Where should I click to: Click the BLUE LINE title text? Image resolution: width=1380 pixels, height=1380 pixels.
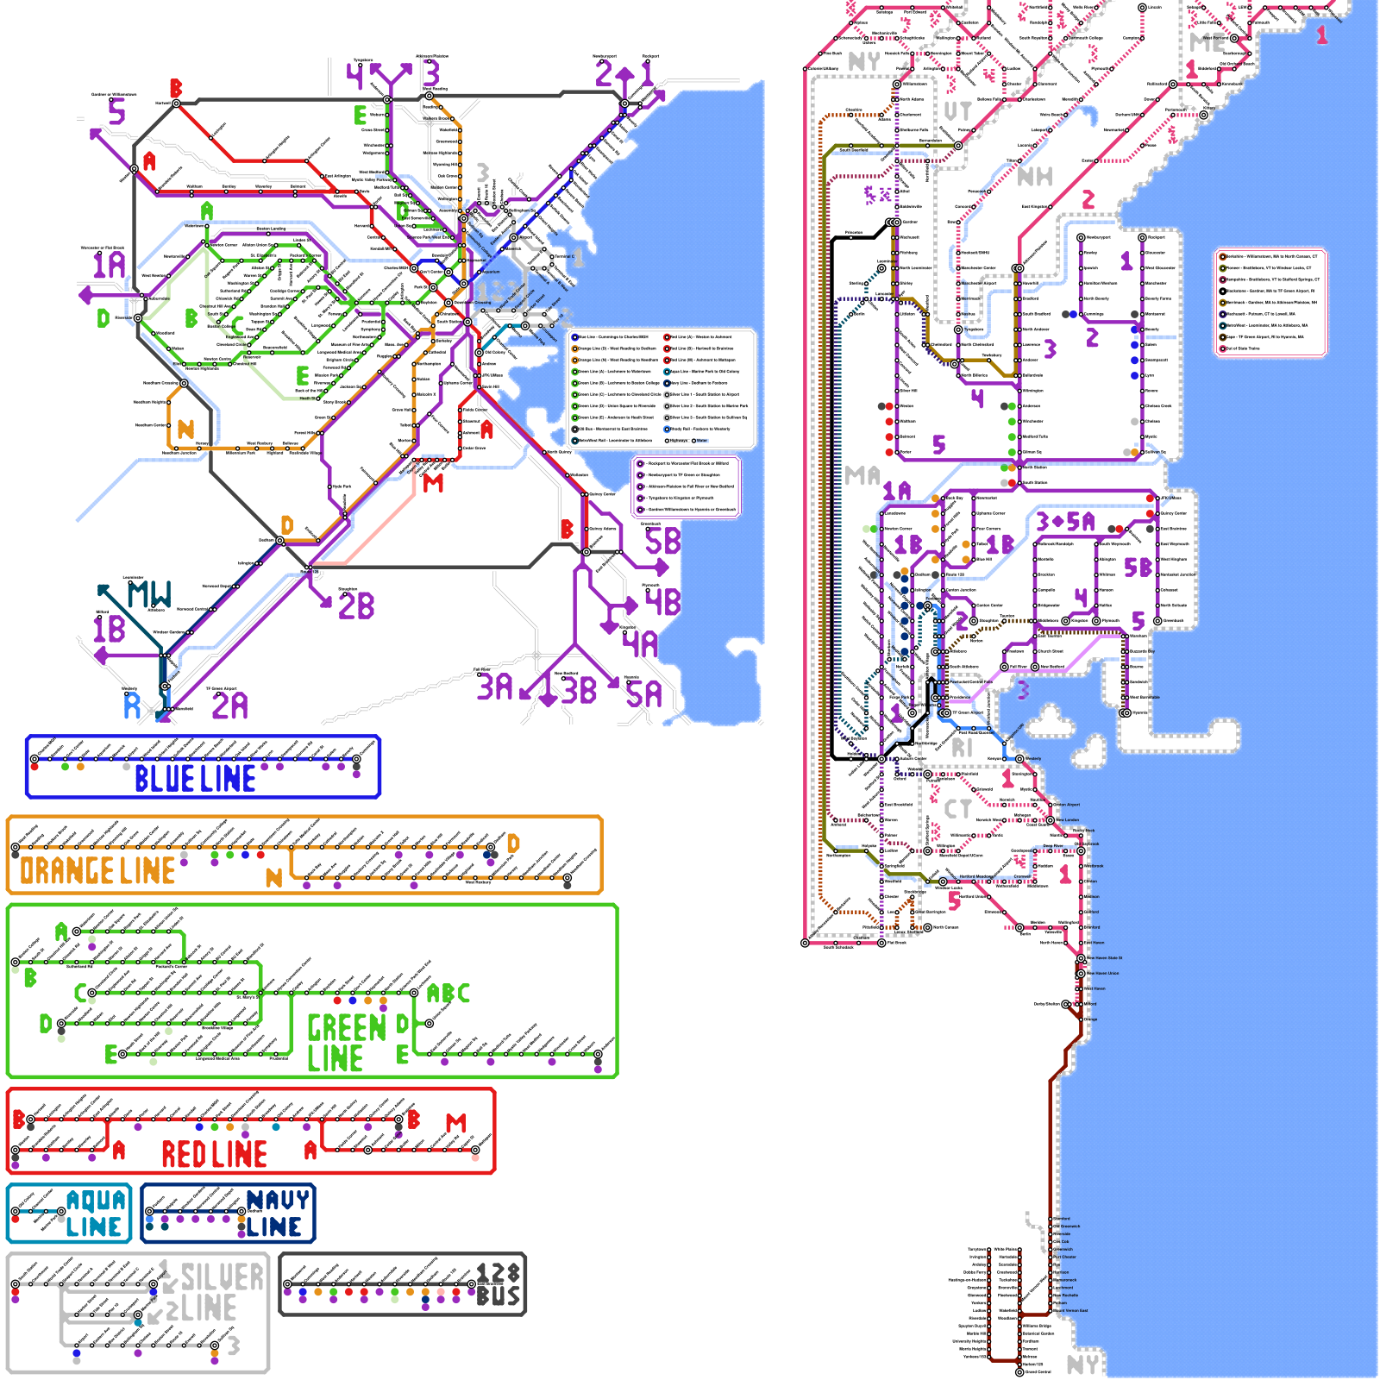click(x=195, y=779)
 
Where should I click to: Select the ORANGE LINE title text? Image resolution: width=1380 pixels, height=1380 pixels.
click(x=97, y=871)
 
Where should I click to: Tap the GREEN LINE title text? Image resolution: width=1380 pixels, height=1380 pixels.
click(x=345, y=1043)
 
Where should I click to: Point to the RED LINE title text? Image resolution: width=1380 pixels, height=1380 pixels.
click(x=214, y=1154)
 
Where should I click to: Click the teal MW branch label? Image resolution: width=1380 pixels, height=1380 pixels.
click(x=149, y=594)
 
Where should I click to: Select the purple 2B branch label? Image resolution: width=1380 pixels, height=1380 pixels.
click(x=356, y=605)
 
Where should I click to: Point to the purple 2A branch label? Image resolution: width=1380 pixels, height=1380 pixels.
click(x=230, y=706)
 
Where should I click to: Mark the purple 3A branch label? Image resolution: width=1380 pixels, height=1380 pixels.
click(x=495, y=687)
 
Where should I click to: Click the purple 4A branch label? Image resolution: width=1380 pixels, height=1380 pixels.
click(x=640, y=643)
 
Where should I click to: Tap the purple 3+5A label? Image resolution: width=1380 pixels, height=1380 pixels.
click(x=1065, y=522)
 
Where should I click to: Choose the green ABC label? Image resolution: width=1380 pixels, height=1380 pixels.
click(x=448, y=994)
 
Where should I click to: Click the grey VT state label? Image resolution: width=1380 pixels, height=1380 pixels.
click(x=957, y=111)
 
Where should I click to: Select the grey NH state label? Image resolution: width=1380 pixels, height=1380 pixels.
click(x=1035, y=177)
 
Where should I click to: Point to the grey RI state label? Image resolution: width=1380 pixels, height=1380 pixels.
click(x=962, y=748)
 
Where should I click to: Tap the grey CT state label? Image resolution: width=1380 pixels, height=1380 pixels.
click(x=957, y=809)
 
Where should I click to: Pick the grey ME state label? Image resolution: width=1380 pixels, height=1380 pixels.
click(x=1206, y=41)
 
